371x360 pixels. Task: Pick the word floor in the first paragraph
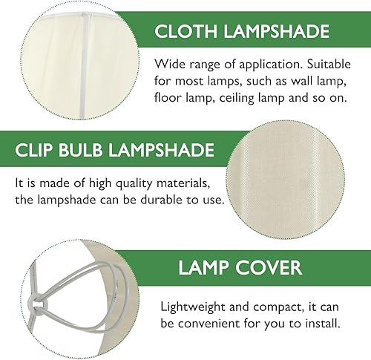point(168,97)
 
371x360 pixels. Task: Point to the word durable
point(157,200)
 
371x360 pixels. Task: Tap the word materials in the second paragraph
point(180,183)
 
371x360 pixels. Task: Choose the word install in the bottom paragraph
point(318,323)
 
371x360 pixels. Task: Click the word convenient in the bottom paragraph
point(211,323)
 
